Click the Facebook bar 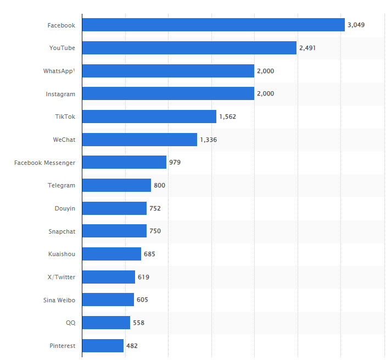pyautogui.click(x=213, y=25)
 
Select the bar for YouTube pyautogui.click(x=189, y=48)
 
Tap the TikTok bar pyautogui.click(x=149, y=117)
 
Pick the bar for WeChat pyautogui.click(x=139, y=140)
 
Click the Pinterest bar pyautogui.click(x=103, y=346)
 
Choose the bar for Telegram pyautogui.click(x=116, y=185)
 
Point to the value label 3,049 pyautogui.click(x=356, y=25)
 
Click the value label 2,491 pyautogui.click(x=307, y=48)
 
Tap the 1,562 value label pyautogui.click(x=227, y=117)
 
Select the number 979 pyautogui.click(x=175, y=162)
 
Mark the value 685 pyautogui.click(x=149, y=254)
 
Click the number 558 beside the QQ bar pyautogui.click(x=138, y=323)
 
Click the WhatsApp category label pyautogui.click(x=59, y=71)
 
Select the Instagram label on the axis pyautogui.click(x=60, y=94)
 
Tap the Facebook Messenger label pyautogui.click(x=44, y=163)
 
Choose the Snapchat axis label pyautogui.click(x=61, y=231)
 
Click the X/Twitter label pyautogui.click(x=61, y=277)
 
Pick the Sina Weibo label pyautogui.click(x=59, y=300)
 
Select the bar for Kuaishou pyautogui.click(x=111, y=254)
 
